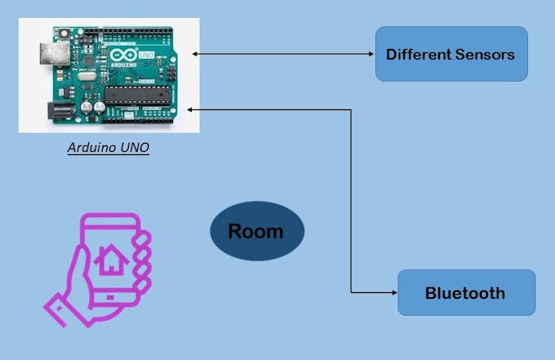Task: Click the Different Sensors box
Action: point(451,54)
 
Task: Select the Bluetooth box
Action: point(466,292)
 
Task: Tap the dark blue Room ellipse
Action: point(256,231)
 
